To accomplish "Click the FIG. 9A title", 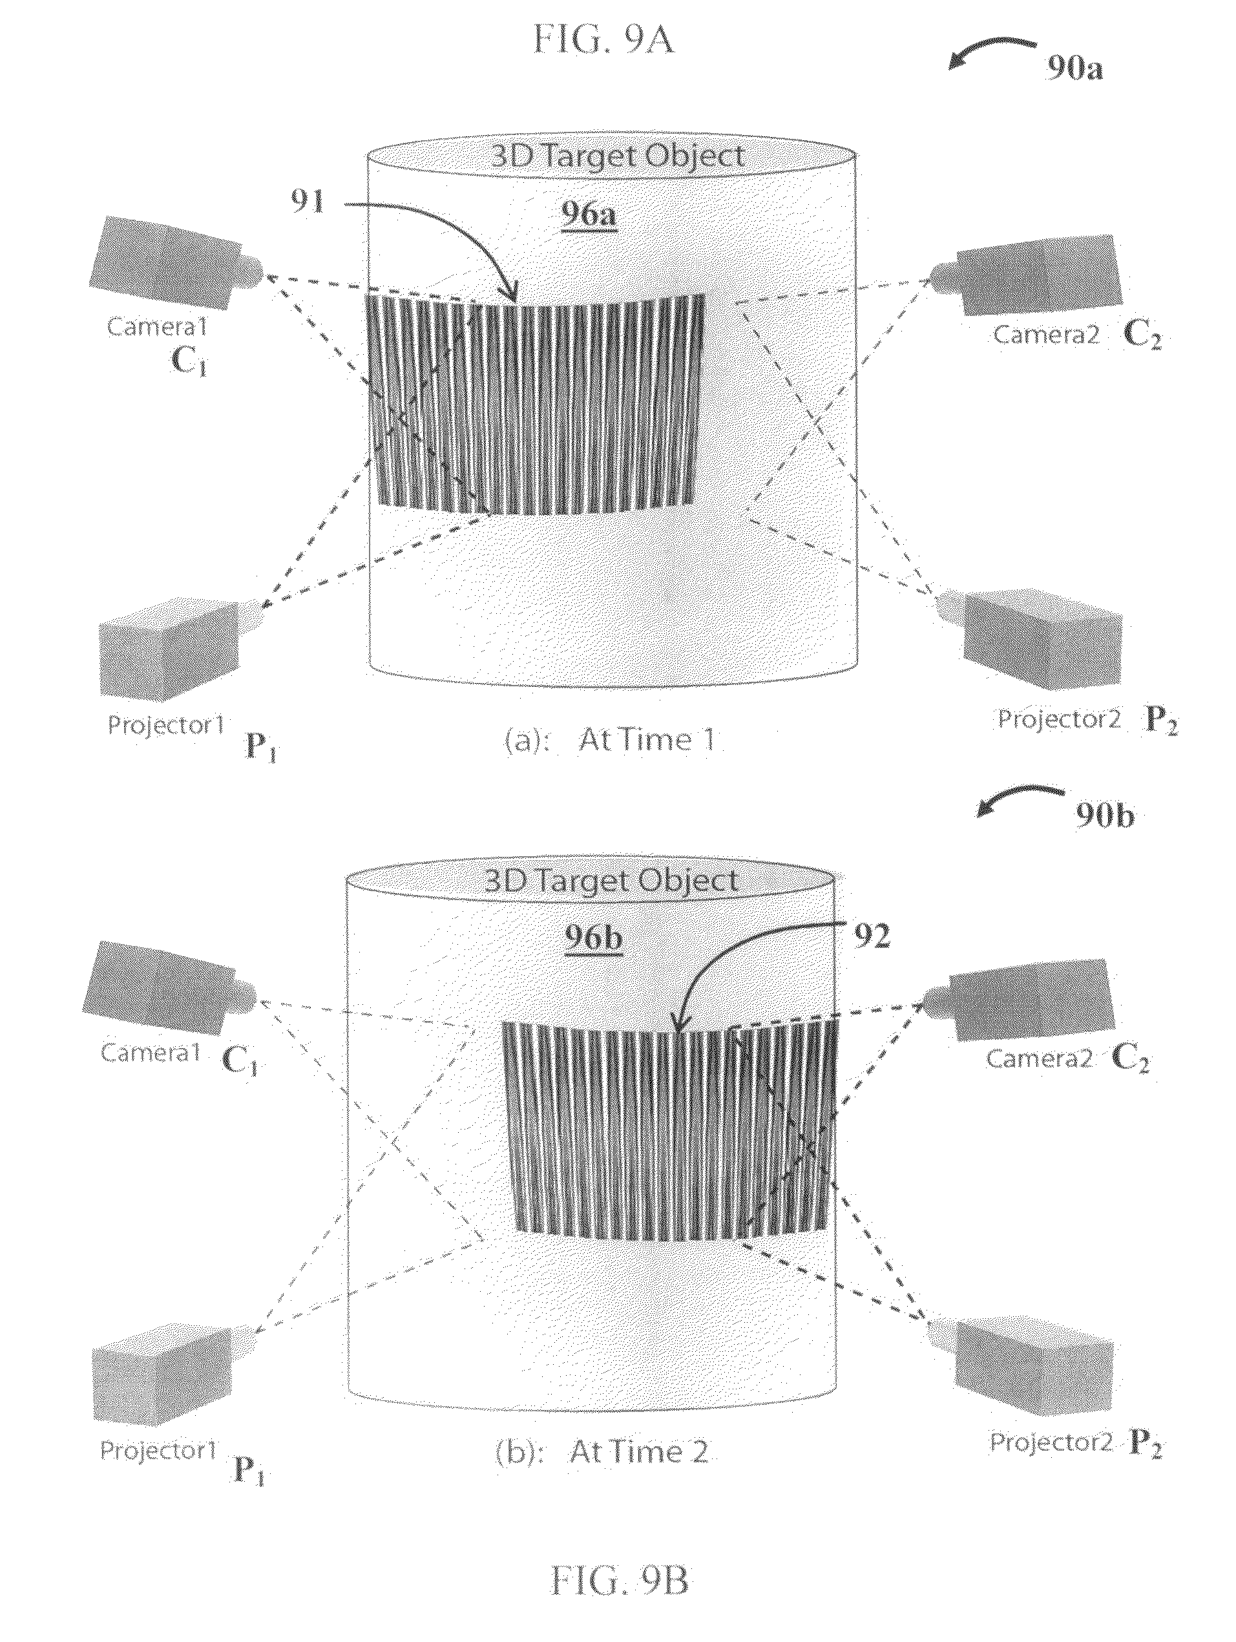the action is click(x=603, y=40).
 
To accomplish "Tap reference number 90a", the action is click(x=1075, y=68).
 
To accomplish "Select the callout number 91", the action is click(x=308, y=201).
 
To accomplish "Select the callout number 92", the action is click(x=872, y=938).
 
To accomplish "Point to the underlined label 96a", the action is click(x=589, y=215).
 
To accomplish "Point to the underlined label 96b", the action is click(x=593, y=940).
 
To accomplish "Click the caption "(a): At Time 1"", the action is click(x=609, y=740).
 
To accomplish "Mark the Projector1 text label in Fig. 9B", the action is click(x=158, y=1451).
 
